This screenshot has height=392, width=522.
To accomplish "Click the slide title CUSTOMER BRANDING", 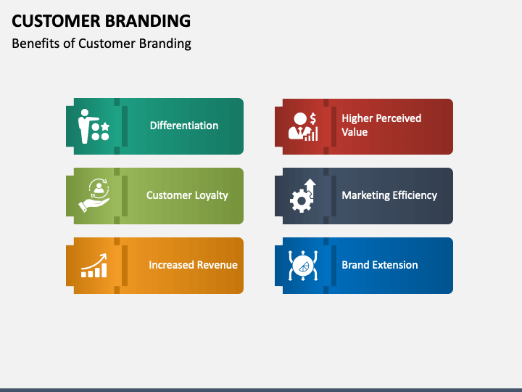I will click(101, 20).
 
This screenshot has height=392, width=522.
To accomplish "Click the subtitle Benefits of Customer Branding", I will click(101, 44).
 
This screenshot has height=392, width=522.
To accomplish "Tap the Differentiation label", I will click(183, 126).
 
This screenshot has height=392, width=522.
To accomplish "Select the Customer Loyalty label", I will click(187, 195).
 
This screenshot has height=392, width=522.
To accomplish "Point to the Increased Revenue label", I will click(193, 265).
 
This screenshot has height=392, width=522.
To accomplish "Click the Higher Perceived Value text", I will click(381, 125).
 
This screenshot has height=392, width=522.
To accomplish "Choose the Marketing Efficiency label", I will click(389, 195).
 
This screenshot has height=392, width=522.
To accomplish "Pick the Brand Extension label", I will click(380, 265).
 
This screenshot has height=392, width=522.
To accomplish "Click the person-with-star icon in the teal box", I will click(94, 126).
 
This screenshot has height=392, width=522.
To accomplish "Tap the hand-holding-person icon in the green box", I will click(94, 195).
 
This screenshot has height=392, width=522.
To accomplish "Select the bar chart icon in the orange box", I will click(94, 266).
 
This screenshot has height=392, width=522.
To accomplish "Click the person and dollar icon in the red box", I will click(303, 126).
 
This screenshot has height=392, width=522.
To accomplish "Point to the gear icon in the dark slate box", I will click(302, 196).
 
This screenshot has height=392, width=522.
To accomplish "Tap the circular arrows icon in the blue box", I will click(303, 266).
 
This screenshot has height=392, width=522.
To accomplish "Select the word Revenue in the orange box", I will click(215, 265).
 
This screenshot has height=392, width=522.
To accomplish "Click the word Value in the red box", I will click(355, 132).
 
